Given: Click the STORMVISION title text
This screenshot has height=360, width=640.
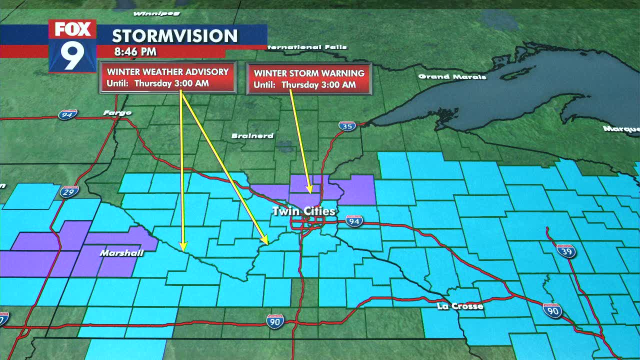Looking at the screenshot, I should coord(174,36).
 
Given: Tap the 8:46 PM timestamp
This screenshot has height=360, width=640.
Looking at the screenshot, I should coord(135,51).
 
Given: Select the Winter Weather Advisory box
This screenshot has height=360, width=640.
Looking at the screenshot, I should coord(167,77).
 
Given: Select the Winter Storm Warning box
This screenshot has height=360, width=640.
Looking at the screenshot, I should coord(309,78).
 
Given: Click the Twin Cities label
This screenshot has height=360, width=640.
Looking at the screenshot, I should coord(303,211).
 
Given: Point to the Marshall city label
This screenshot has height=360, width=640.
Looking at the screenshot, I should coord(121,253).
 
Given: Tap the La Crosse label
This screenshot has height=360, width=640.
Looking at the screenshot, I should coord(460,306).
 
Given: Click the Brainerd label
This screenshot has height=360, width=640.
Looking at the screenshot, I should coord(252,136).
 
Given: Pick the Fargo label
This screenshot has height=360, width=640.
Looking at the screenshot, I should coord(117,113).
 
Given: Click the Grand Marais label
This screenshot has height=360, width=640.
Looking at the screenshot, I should coord(452,76).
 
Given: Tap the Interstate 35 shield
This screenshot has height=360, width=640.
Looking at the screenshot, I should coord(347,126).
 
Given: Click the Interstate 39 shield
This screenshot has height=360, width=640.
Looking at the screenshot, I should coord(566,250).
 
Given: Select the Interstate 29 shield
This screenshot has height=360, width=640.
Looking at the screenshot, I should coord(69,191).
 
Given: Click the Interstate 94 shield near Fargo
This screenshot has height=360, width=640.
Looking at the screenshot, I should coord(67,114).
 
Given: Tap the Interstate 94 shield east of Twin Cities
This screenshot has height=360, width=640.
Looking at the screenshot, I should coord(353,221).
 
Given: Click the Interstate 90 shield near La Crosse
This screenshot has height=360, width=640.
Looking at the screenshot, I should coord(552,310).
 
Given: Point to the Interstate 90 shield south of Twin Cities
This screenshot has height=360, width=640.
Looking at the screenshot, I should coord(275,321).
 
